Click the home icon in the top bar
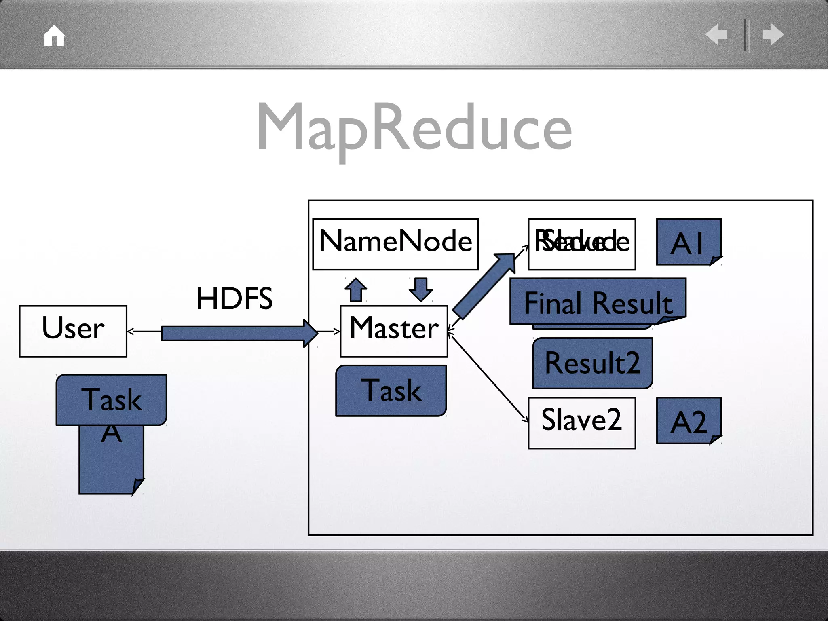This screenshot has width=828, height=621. point(54,36)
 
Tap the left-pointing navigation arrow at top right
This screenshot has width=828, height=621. point(716,34)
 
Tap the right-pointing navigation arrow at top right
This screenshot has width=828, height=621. point(773,34)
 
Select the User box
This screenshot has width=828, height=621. point(73,331)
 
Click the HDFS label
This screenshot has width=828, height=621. point(234,299)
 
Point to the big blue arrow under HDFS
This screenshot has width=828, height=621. point(239,333)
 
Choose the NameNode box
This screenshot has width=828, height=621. point(395,244)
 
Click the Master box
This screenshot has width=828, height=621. point(394,331)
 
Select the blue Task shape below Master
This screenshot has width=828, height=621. point(391,391)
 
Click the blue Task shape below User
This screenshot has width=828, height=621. point(112,399)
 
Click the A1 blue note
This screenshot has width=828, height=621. point(689,242)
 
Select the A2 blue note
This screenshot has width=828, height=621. point(689,420)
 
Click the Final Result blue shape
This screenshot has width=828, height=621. point(598,301)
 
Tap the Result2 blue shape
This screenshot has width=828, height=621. point(592,363)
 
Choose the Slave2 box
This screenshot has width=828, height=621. point(581,422)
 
